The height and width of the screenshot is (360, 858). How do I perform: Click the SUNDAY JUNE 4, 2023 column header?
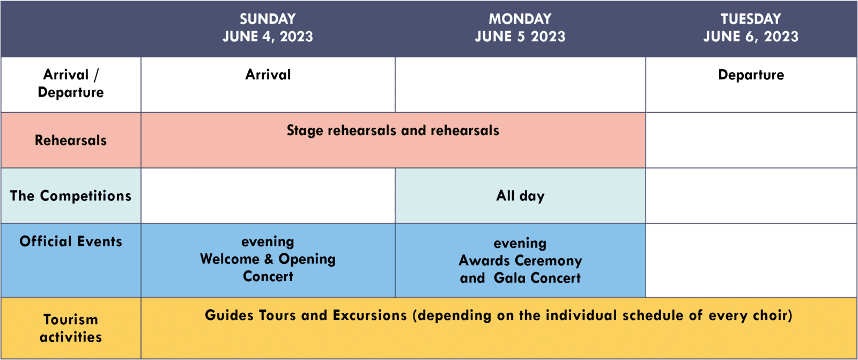pos(268,27)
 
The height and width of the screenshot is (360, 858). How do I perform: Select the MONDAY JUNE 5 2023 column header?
pos(520,27)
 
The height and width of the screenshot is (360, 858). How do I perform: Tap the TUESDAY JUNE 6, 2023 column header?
pos(751,27)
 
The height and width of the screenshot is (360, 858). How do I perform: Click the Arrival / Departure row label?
pos(71,83)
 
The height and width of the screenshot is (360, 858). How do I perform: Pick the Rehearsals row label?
pos(71,141)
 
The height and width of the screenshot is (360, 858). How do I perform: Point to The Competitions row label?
pos(71,196)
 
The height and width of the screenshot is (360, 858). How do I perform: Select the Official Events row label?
pos(71,241)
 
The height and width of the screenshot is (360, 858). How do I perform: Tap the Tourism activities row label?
pos(71,328)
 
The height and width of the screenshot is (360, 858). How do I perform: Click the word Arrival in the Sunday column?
pos(268,75)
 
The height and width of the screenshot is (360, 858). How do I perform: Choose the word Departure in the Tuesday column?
pos(751,75)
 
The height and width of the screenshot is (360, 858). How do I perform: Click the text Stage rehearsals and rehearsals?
pos(393,130)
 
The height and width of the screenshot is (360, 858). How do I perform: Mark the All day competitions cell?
pos(520,196)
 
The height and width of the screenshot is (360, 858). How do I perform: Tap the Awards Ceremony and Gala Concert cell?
pos(520,260)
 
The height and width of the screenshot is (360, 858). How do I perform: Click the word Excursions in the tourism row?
pos(369,315)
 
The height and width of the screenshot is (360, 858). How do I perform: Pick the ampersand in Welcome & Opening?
pos(269,259)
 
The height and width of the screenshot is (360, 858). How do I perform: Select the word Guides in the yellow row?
pos(229,315)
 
